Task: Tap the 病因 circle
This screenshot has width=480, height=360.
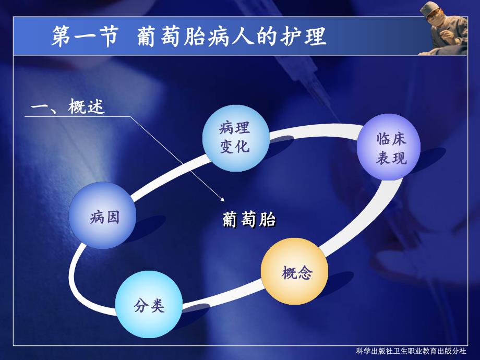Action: pyautogui.click(x=103, y=215)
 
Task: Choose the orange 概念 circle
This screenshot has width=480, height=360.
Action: pyautogui.click(x=294, y=273)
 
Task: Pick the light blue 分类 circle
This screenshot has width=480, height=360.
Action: pyautogui.click(x=149, y=305)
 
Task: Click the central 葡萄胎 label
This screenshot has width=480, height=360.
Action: pyautogui.click(x=249, y=220)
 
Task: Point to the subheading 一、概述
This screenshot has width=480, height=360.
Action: pyautogui.click(x=68, y=107)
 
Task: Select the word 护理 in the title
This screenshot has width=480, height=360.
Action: pyautogui.click(x=303, y=37)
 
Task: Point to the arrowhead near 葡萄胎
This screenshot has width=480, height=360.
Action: pyautogui.click(x=223, y=199)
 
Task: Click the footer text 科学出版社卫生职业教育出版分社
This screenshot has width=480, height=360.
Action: pyautogui.click(x=411, y=351)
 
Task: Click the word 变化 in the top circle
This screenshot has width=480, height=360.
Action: pyautogui.click(x=234, y=146)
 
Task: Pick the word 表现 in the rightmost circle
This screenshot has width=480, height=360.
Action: pyautogui.click(x=391, y=158)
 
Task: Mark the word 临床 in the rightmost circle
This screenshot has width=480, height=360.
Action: pyautogui.click(x=391, y=139)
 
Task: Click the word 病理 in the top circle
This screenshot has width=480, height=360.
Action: pyautogui.click(x=234, y=127)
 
